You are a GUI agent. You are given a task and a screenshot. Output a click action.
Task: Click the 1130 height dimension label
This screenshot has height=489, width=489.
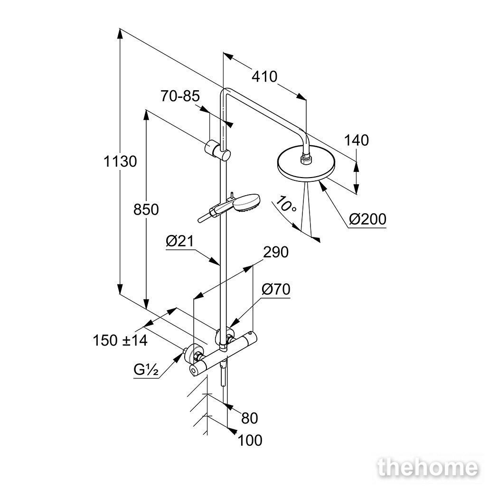tap(120, 161)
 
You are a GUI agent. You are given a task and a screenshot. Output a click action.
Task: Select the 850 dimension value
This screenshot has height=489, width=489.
tap(146, 209)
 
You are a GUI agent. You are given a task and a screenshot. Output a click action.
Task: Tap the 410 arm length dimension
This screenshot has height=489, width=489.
tap(264, 77)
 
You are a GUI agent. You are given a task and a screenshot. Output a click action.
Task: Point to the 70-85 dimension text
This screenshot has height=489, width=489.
tap(180, 96)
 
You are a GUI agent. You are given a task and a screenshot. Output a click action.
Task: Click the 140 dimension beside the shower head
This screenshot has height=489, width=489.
tap(356, 141)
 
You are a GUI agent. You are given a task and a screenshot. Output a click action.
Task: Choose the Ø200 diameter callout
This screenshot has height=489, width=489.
tap(367, 219)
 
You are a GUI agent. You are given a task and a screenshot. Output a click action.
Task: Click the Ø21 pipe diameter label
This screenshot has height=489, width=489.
tap(179, 241)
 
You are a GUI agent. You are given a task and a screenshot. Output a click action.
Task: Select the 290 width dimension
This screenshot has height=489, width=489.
tap(276, 252)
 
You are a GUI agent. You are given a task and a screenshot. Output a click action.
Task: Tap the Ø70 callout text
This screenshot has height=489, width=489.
tap(276, 290)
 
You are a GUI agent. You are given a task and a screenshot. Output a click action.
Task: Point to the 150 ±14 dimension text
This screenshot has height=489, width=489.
tap(120, 340)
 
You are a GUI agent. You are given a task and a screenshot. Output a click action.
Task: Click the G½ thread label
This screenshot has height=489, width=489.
tap(146, 370)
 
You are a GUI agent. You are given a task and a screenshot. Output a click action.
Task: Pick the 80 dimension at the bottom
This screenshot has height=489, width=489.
tap(250, 418)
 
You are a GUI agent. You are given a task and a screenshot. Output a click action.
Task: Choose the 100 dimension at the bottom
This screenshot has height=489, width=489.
tap(250, 441)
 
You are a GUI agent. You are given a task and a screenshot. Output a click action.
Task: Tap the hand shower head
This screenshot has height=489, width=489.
tap(246, 203)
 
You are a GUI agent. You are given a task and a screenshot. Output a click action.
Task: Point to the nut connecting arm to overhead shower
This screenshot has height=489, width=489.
tap(304, 159)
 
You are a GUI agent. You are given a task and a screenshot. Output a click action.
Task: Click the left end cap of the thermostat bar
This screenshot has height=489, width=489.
tap(194, 370)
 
